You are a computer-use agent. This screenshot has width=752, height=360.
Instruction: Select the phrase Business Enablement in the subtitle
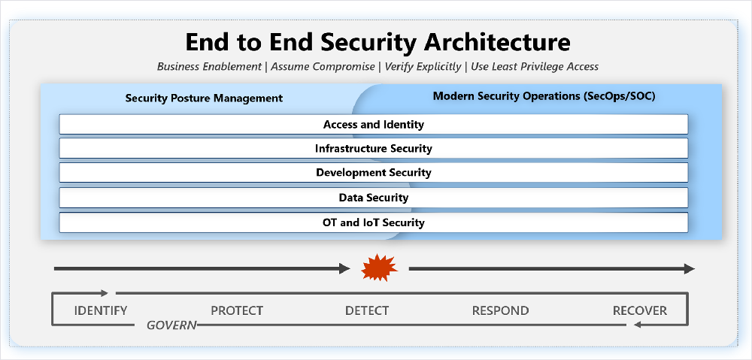[x=208, y=67]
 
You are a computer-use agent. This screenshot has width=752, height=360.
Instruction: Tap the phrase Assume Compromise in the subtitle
[x=323, y=67]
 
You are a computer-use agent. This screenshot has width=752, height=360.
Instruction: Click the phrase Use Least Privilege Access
[x=535, y=67]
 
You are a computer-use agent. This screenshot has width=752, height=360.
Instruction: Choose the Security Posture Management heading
[x=204, y=98]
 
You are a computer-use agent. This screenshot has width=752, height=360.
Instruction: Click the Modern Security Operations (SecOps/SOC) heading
[x=544, y=96]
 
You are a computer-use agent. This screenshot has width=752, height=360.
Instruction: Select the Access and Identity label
[x=374, y=125]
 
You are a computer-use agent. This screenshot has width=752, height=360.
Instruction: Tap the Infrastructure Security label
[x=374, y=149]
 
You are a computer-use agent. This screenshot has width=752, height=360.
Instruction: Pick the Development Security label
[x=374, y=173]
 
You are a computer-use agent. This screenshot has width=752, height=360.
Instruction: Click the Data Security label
[x=374, y=198]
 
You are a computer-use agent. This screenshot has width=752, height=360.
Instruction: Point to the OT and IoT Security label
[x=374, y=222]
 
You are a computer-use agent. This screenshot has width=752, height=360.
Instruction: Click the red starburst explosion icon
[x=379, y=268]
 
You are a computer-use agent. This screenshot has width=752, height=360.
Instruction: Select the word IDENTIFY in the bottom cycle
[x=101, y=310]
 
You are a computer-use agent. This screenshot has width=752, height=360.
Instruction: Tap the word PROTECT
[x=237, y=310]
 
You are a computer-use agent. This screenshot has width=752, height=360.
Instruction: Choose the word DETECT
[x=367, y=310]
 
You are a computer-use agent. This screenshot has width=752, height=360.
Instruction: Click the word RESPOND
[x=500, y=310]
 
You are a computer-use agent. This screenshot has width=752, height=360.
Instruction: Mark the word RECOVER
[x=640, y=310]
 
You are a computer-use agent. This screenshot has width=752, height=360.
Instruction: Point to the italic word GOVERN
[x=171, y=325]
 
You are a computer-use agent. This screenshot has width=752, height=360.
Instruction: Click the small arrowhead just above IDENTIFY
[x=105, y=293]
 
